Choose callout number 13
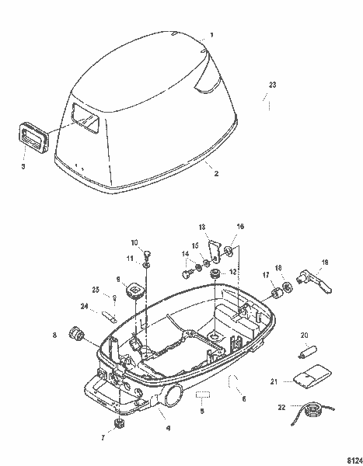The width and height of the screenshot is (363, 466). coord(203,227)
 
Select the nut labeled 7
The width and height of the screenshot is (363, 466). coord(119,424)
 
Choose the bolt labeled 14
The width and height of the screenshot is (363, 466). coord(187,273)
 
